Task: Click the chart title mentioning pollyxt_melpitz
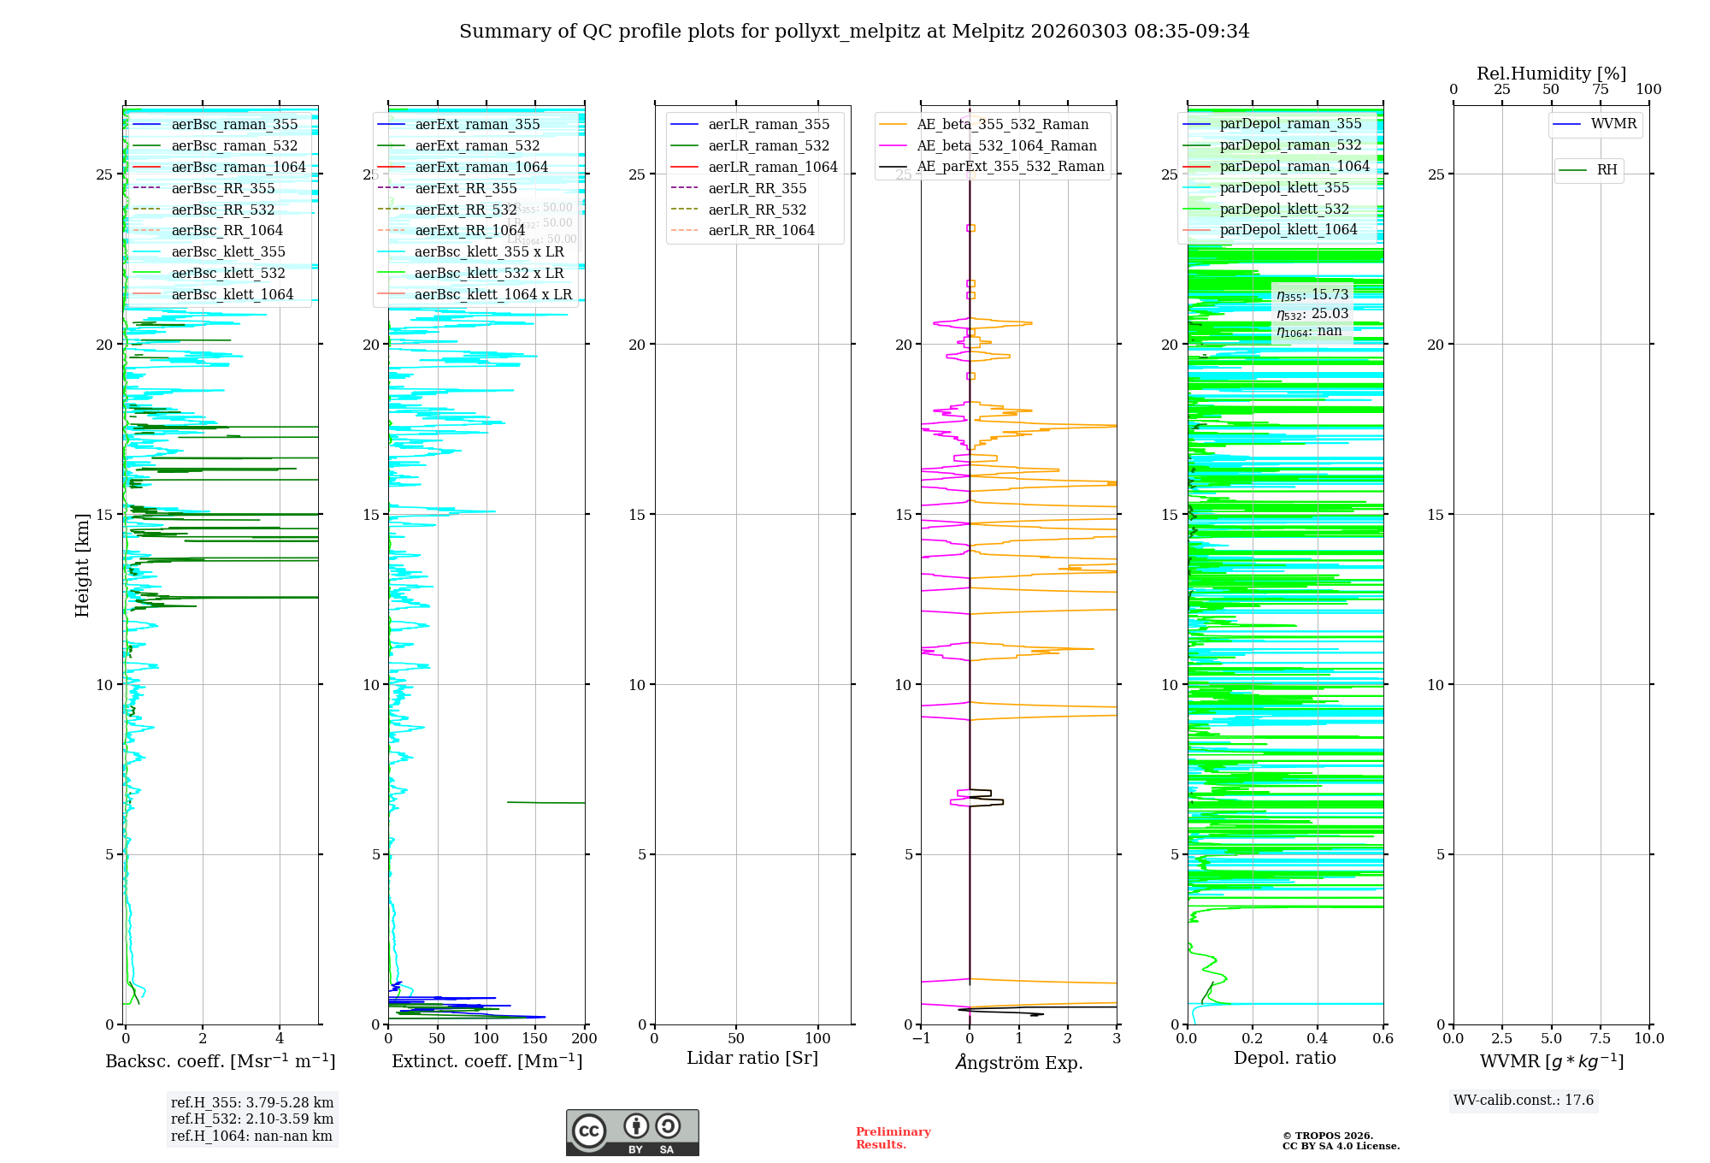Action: tap(854, 32)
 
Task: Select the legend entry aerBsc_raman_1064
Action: tap(238, 167)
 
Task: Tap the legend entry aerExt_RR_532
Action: tap(465, 210)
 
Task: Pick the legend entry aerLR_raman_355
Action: tap(768, 125)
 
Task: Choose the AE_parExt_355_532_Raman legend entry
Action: tap(1010, 167)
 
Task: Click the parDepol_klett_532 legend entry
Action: tap(1283, 209)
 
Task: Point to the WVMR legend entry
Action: tap(1613, 124)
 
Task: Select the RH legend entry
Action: tap(1607, 170)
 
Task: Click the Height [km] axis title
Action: tap(82, 565)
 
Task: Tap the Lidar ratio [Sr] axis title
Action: tap(752, 1058)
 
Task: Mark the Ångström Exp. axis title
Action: tap(1019, 1062)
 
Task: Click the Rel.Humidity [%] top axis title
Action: tap(1551, 74)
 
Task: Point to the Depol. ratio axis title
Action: tap(1284, 1058)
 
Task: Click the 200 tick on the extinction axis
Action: tap(585, 1039)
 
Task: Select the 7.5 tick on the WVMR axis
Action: tap(1601, 1039)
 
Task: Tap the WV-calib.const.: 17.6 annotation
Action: tap(1524, 1101)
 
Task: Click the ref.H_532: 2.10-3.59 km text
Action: tap(251, 1119)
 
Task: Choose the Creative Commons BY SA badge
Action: tap(632, 1133)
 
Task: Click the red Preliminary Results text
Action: tap(893, 1138)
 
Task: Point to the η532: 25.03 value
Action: tap(1312, 314)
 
